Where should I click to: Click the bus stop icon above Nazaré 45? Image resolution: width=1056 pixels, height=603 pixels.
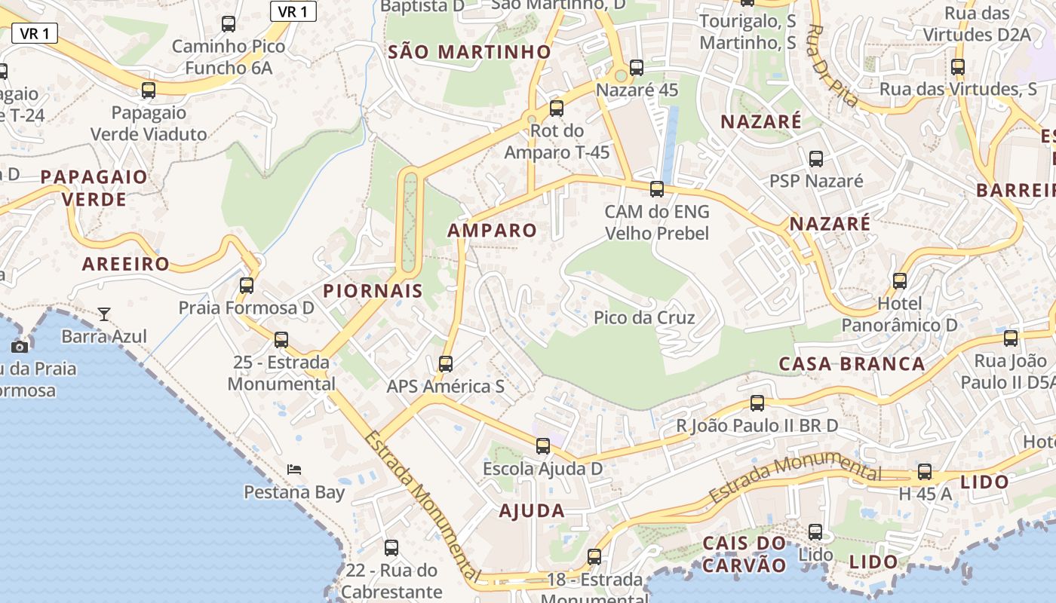tap(637, 68)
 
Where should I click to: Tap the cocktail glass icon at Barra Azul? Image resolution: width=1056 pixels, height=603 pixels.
tap(104, 314)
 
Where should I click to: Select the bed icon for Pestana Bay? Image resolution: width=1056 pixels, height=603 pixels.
tap(294, 470)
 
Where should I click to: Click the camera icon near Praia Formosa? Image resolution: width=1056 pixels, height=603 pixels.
tap(20, 347)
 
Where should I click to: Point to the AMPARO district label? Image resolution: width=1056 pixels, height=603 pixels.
tap(493, 231)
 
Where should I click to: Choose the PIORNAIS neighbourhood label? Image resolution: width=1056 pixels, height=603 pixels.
tap(373, 291)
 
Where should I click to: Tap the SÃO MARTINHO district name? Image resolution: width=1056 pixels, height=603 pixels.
tap(469, 52)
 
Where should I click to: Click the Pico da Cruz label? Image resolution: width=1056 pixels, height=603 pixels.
tap(644, 317)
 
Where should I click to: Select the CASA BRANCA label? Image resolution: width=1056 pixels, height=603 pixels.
tap(852, 364)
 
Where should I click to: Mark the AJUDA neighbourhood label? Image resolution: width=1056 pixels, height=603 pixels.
tap(532, 511)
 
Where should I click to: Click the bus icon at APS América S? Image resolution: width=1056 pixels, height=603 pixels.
tap(446, 364)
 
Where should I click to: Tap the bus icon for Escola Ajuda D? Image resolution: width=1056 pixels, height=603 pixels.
tap(543, 445)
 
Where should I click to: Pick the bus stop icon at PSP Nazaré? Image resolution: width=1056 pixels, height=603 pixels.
tap(816, 158)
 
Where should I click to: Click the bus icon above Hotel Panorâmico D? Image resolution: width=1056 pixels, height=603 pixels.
tap(900, 281)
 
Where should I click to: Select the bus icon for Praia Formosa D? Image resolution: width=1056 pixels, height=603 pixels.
tap(247, 286)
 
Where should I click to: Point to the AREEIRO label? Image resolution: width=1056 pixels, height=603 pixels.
tap(126, 265)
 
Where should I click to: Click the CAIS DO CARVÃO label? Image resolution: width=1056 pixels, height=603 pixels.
tap(745, 554)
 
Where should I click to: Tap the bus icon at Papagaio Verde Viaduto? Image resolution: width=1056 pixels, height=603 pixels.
tap(149, 90)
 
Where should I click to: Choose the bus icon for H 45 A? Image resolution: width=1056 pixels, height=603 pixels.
tap(925, 473)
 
